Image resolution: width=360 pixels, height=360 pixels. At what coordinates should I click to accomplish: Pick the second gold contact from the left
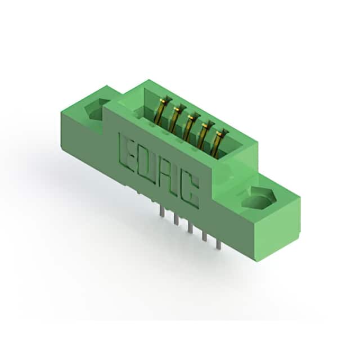tap(177, 118)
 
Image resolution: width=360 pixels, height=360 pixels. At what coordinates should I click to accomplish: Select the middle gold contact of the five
tap(191, 126)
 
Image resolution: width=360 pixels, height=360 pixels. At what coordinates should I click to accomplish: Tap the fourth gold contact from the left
tap(205, 134)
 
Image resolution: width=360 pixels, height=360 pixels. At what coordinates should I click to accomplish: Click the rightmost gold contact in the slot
tap(219, 142)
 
